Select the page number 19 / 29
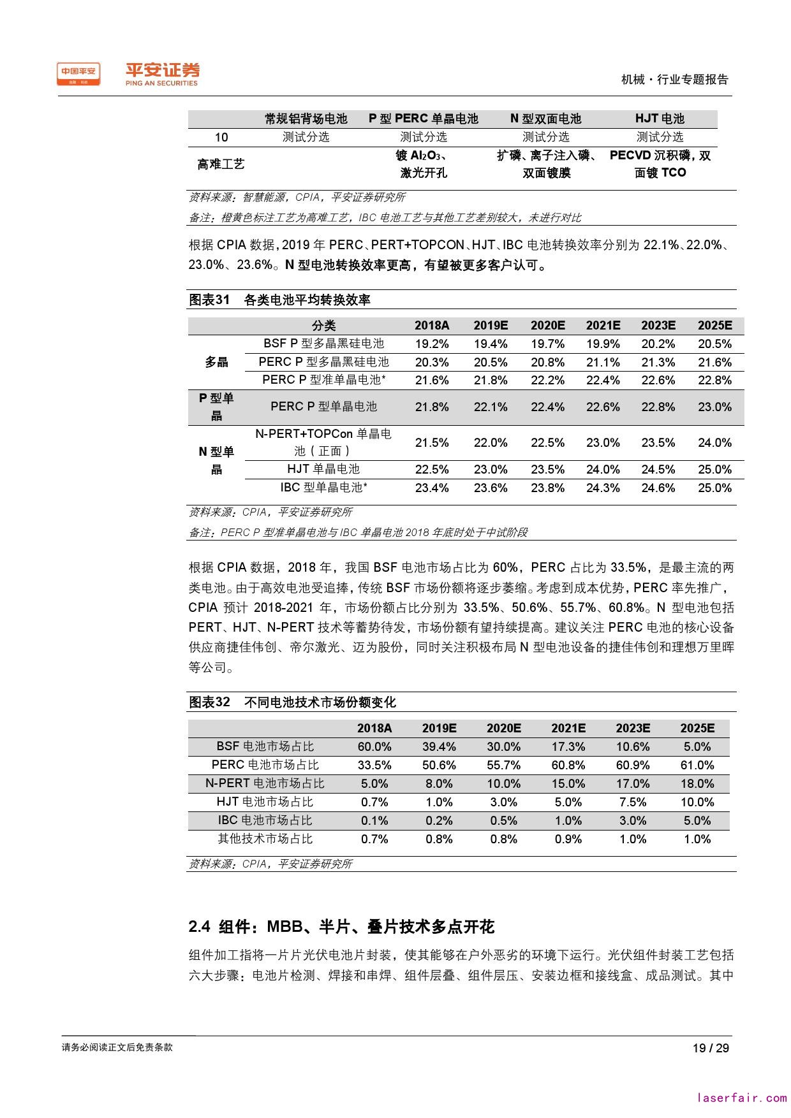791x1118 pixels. coord(711,1048)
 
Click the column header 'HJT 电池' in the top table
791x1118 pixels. coord(660,119)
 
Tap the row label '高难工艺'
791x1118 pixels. coord(221,164)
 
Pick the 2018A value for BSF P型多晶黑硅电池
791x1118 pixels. coord(432,344)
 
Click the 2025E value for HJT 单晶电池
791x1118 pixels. coord(714,470)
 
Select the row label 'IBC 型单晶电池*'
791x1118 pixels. coord(324,488)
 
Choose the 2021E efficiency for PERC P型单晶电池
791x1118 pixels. coord(603,407)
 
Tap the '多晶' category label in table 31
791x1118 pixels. coord(216,362)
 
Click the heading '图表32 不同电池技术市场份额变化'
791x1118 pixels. coord(292,702)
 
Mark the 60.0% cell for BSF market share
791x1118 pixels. coord(374,746)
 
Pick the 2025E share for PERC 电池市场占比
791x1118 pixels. coord(697,765)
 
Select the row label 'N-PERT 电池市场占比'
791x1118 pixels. coord(265,783)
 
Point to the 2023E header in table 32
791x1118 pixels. coord(633,728)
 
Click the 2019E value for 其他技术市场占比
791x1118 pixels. coord(439,839)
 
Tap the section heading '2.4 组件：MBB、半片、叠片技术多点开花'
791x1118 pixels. coord(341,926)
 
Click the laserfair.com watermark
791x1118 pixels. coord(742,1098)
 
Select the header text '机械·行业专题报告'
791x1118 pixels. coord(674,80)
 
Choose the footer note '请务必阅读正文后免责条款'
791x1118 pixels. coord(117,1047)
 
